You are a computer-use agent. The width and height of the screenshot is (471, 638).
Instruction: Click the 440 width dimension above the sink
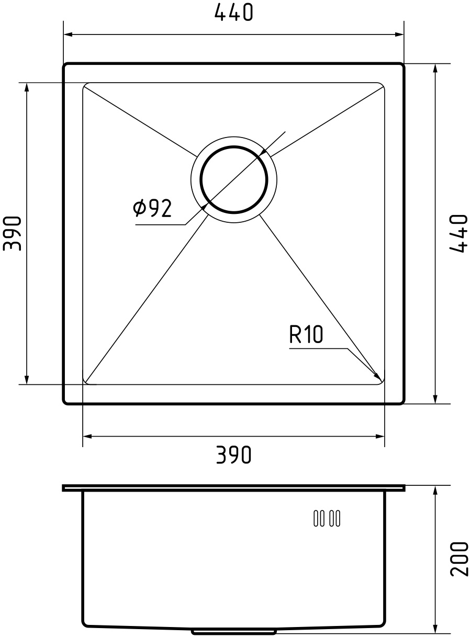233,13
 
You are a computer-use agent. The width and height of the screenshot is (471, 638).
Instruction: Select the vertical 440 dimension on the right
457,234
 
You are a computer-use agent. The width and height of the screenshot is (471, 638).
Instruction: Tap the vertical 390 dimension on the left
13,233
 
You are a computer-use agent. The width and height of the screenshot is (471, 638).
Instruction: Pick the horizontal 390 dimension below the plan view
233,455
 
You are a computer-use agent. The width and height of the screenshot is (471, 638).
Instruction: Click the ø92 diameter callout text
152,209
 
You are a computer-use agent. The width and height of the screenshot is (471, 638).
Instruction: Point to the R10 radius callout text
306,335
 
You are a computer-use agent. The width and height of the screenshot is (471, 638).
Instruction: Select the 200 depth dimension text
458,559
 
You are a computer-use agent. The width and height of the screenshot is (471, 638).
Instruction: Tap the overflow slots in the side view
327,518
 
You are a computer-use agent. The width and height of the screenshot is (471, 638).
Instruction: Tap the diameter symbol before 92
139,209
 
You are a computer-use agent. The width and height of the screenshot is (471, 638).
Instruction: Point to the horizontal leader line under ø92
160,225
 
